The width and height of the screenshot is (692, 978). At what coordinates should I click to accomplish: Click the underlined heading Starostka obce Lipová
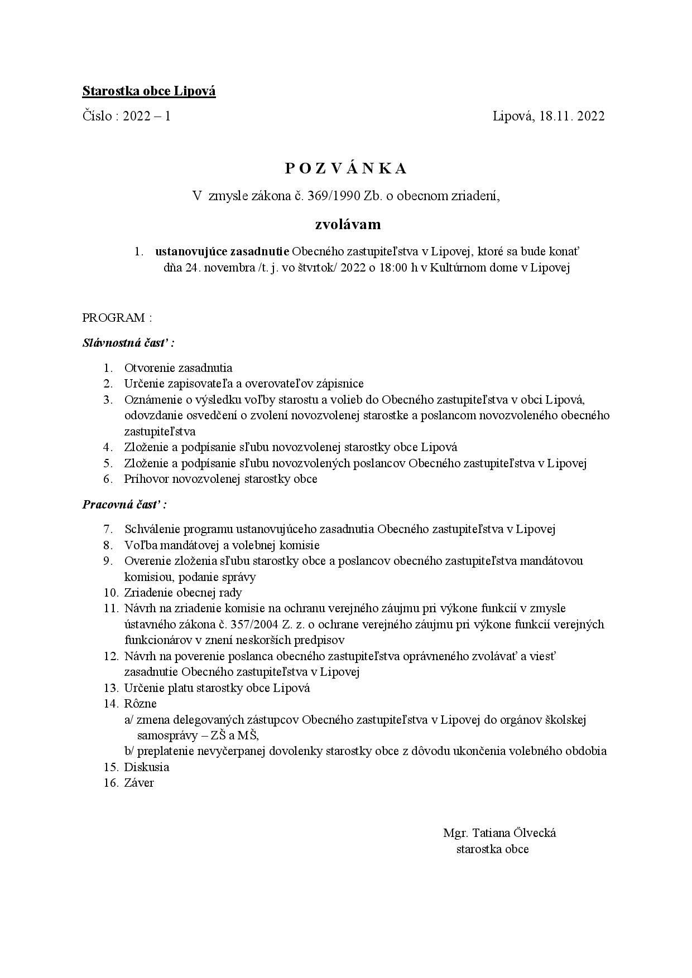tap(149, 91)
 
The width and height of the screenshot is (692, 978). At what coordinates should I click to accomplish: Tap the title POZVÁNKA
tap(346, 168)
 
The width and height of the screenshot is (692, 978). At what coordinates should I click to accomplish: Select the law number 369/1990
tap(334, 196)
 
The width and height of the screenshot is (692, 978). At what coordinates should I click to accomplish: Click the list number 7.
tap(109, 529)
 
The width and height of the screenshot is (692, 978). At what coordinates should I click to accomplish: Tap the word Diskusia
tap(146, 767)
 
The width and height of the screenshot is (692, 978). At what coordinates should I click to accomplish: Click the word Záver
tap(139, 783)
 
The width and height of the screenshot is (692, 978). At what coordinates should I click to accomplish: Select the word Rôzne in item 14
tap(140, 704)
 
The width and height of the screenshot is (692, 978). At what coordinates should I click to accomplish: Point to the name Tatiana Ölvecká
tap(514, 833)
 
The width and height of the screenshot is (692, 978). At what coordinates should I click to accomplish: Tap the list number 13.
tap(110, 687)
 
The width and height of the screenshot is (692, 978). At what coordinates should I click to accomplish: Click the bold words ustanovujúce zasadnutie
tap(222, 251)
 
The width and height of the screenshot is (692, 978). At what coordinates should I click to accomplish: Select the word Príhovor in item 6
tap(147, 479)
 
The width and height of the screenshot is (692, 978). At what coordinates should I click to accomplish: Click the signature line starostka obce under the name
tap(492, 849)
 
